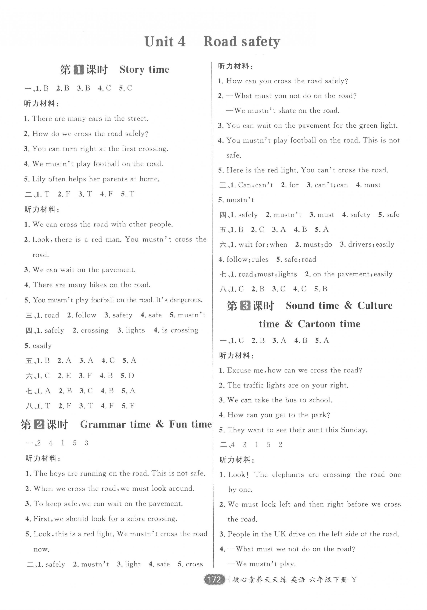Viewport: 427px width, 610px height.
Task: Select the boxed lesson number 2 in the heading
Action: tap(39, 425)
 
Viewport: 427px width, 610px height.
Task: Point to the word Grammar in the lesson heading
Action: tap(102, 425)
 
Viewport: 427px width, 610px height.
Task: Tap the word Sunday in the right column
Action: tap(353, 430)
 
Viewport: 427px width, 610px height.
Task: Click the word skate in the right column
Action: tap(287, 111)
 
